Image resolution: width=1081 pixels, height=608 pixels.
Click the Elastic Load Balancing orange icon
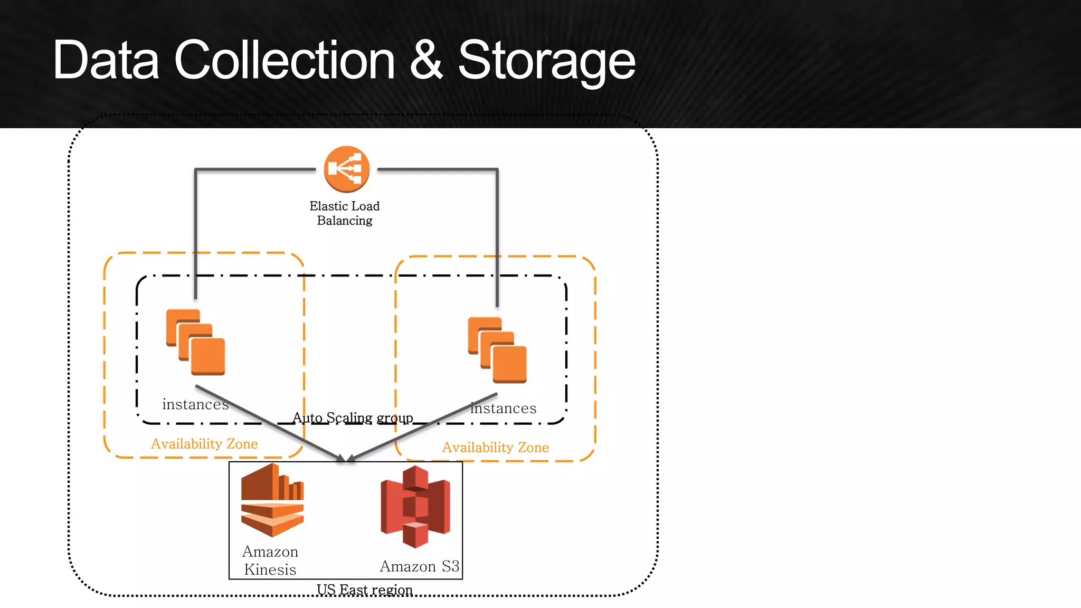tap(346, 169)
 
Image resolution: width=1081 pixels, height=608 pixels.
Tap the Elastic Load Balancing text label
tap(344, 213)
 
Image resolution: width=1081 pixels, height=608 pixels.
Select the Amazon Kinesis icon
tap(272, 500)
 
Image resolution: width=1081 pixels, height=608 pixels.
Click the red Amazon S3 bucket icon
tap(415, 507)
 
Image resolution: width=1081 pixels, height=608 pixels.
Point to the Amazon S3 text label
tap(420, 566)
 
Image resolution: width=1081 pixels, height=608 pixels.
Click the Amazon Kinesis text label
tap(270, 560)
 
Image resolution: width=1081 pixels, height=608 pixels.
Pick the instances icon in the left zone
tap(195, 342)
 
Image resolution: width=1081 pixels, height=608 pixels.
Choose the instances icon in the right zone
tap(497, 349)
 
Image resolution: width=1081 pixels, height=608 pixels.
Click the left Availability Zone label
tap(204, 444)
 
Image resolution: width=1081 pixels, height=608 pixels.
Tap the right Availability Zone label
tap(496, 448)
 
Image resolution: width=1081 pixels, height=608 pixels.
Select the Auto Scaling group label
tap(353, 418)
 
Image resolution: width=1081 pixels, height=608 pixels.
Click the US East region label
tap(364, 590)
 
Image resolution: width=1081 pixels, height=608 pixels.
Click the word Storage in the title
tap(546, 61)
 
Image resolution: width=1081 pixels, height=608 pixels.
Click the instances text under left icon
tap(195, 404)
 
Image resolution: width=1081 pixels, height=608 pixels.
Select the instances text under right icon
tap(503, 408)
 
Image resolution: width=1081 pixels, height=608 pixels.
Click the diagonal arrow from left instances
tap(269, 422)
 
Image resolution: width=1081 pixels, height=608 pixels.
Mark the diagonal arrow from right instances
tap(422, 426)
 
